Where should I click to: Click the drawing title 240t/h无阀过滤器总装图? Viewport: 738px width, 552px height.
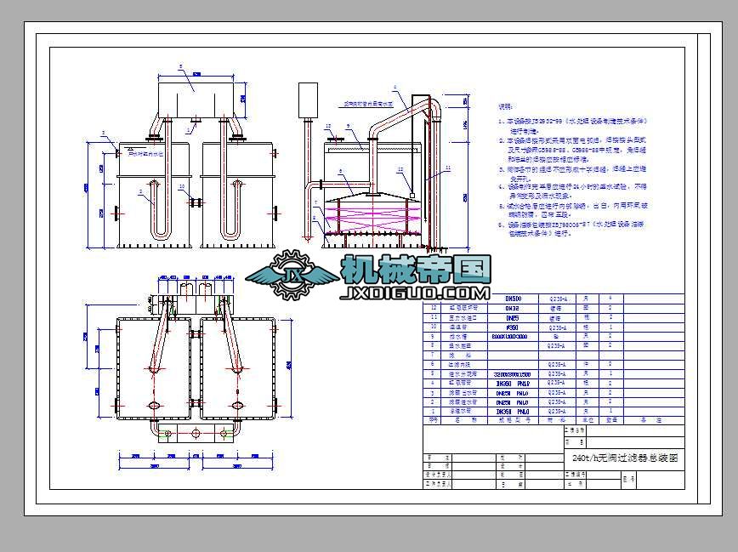point(627,458)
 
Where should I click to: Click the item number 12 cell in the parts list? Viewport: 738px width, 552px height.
point(434,308)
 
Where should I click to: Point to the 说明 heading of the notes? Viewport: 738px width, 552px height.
point(506,107)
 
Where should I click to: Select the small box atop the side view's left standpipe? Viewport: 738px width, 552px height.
point(308,100)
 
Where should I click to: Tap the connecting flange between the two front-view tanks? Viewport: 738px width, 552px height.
point(196,202)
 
